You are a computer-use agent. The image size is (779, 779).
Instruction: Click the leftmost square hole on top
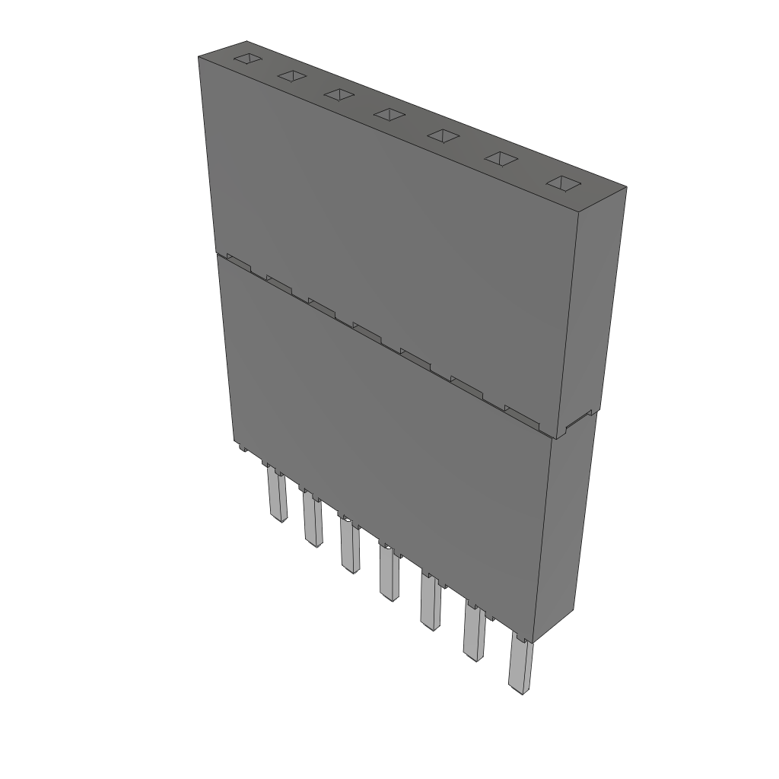pyautogui.click(x=247, y=59)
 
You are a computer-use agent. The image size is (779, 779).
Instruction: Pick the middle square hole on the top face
pyautogui.click(x=389, y=114)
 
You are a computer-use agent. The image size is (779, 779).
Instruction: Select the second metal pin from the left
pyautogui.click(x=312, y=520)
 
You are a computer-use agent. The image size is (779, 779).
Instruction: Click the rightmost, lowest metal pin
pyautogui.click(x=520, y=666)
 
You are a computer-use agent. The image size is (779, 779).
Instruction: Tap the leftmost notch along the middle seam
pyautogui.click(x=238, y=261)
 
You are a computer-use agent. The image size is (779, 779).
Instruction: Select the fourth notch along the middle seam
pyautogui.click(x=367, y=329)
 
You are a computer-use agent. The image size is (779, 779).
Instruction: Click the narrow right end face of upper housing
pyautogui.click(x=600, y=304)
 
